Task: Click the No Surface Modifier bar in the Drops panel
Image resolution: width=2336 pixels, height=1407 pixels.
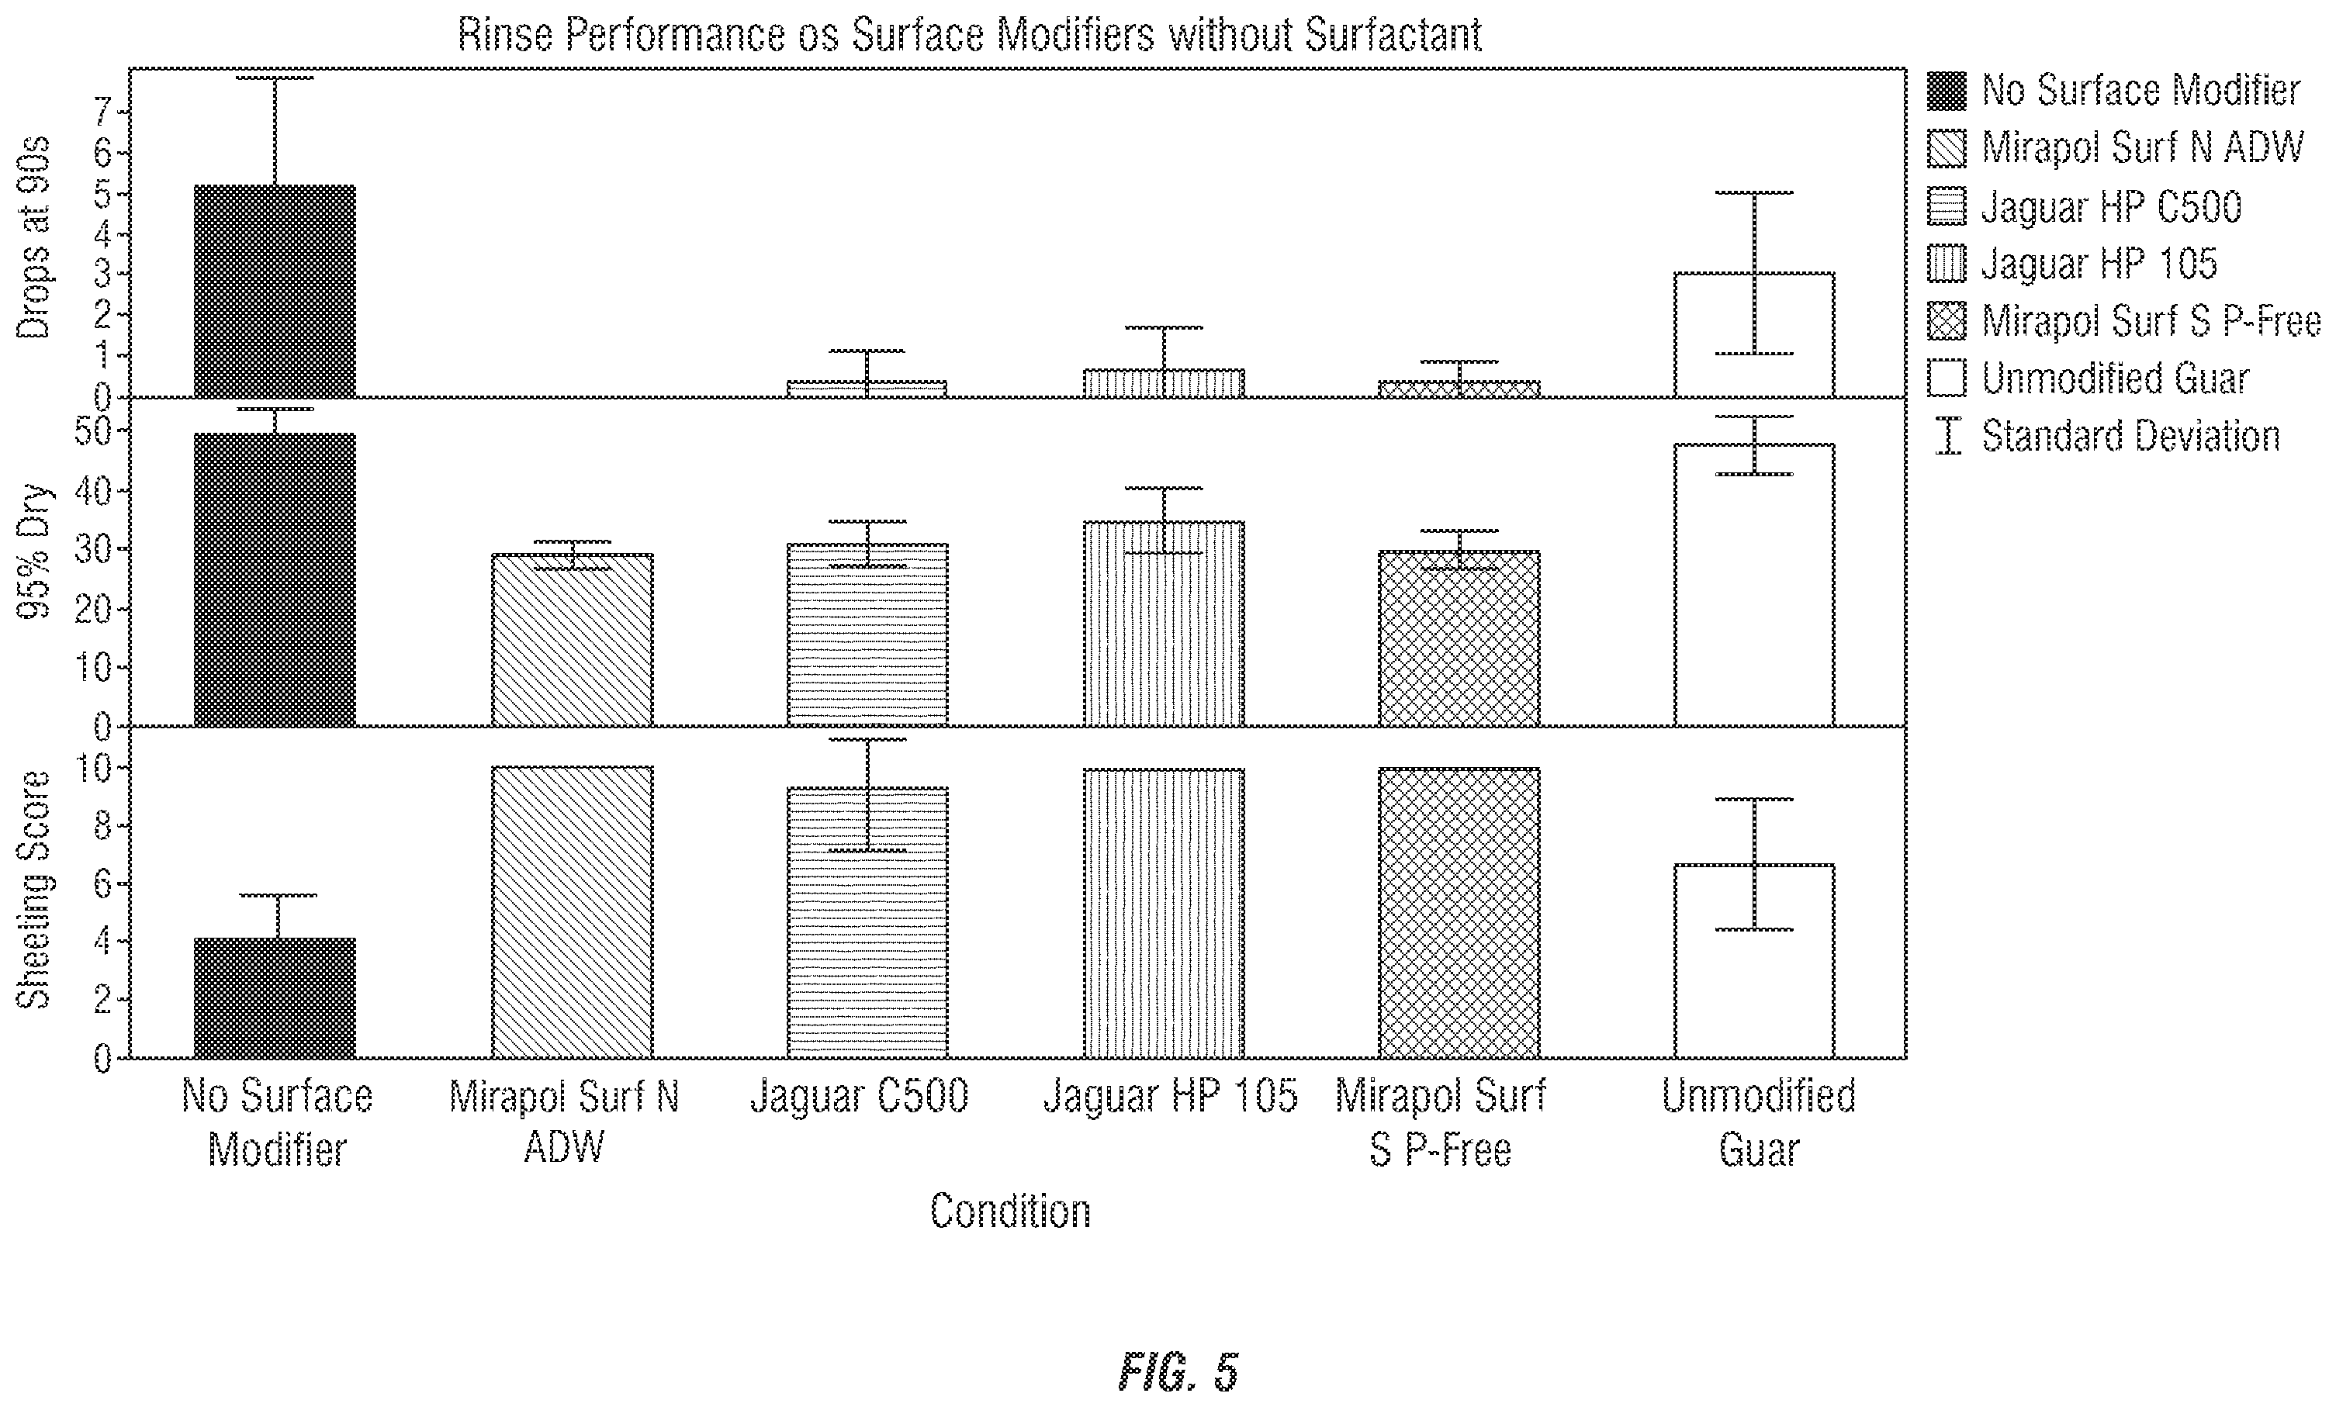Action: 275,291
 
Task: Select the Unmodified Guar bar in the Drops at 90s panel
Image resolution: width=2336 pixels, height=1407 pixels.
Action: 1754,334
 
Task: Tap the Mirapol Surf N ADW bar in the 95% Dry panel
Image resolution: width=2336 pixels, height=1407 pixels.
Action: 572,640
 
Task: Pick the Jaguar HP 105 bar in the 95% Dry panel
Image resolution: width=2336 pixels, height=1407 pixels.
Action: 1165,624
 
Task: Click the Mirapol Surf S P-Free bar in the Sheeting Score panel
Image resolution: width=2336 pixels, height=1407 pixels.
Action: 1459,913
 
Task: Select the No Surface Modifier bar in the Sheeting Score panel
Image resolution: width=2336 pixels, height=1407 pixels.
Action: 275,998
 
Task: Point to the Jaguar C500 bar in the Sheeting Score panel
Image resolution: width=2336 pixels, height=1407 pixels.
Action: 867,922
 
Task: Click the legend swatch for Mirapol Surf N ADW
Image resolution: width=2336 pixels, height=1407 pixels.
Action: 1947,149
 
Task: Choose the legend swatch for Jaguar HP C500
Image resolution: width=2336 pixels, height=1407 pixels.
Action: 1947,206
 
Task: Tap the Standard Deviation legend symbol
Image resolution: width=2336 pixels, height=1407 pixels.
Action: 1948,436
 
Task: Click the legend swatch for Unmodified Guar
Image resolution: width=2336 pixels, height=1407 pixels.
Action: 1947,379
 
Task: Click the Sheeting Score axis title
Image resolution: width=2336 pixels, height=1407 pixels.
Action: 34,890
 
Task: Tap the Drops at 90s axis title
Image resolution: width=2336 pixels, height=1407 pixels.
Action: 34,238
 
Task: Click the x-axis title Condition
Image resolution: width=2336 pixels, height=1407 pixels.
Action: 1011,1212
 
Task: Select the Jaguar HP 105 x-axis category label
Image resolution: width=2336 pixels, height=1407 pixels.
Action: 1170,1097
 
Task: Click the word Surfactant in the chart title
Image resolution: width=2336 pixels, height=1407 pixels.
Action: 1393,35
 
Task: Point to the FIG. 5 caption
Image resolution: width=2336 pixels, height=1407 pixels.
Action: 1178,1372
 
